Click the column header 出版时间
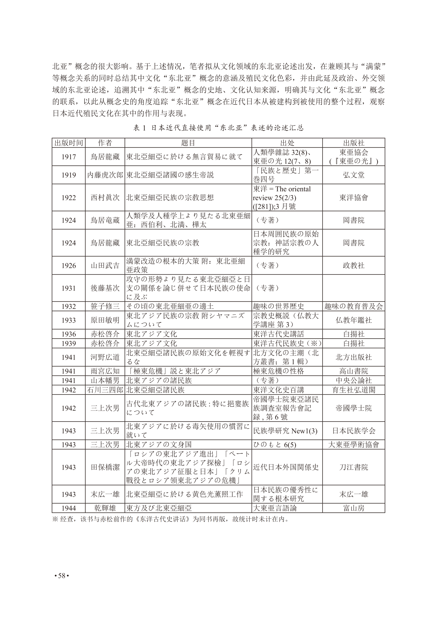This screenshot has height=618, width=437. pyautogui.click(x=69, y=143)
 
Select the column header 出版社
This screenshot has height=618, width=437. pyautogui.click(x=354, y=143)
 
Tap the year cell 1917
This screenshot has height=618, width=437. pyautogui.click(x=69, y=157)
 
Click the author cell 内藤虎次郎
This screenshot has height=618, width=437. pyautogui.click(x=105, y=175)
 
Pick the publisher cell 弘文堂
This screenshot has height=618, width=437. pyautogui.click(x=354, y=175)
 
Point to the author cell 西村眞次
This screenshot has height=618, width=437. pyautogui.click(x=105, y=198)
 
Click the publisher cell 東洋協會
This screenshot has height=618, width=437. pyautogui.click(x=354, y=198)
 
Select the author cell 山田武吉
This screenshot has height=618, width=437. pyautogui.click(x=105, y=265)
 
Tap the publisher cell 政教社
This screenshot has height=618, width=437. pyautogui.click(x=354, y=265)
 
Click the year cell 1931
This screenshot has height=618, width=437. pyautogui.click(x=69, y=288)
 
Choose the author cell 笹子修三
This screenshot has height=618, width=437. pyautogui.click(x=105, y=306)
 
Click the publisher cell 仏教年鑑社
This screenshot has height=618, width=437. pyautogui.click(x=354, y=320)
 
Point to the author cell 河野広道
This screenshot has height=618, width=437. pyautogui.click(x=105, y=357)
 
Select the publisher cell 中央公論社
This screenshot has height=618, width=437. pyautogui.click(x=354, y=380)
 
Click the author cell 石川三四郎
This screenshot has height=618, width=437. pyautogui.click(x=105, y=390)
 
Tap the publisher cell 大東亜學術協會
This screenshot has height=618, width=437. pyautogui.click(x=354, y=444)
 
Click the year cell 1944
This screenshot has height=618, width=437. pyautogui.click(x=69, y=508)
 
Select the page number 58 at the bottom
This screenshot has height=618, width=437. pyautogui.click(x=62, y=576)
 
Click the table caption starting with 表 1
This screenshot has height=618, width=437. pyautogui.click(x=218, y=128)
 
